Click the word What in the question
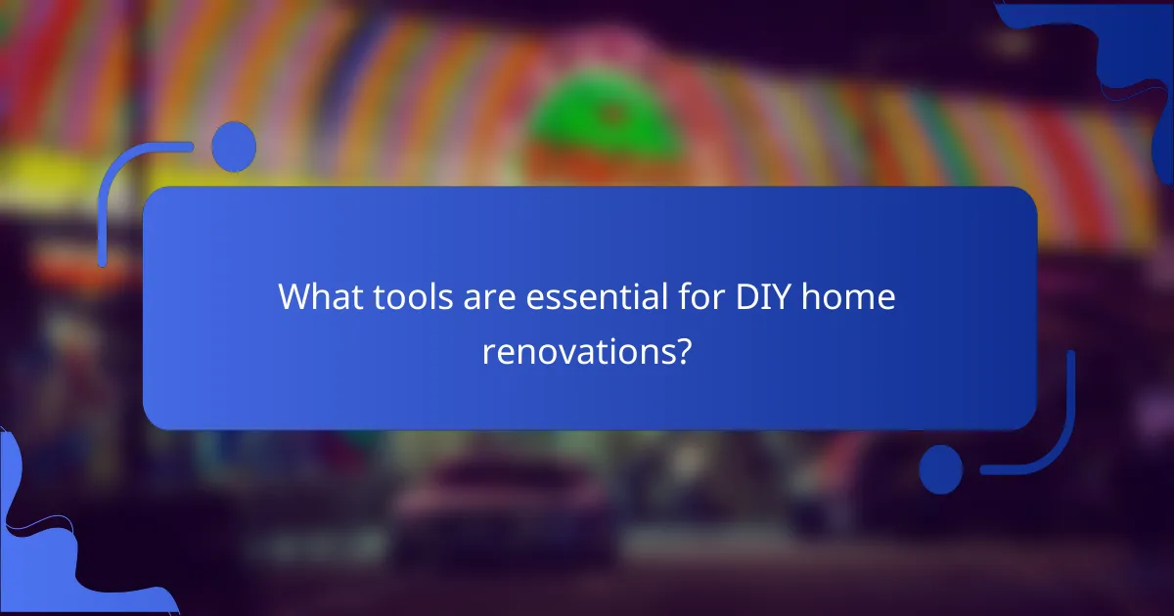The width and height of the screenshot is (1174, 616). [x=319, y=296]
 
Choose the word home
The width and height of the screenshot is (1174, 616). [x=847, y=296]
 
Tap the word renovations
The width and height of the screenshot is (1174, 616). [x=578, y=351]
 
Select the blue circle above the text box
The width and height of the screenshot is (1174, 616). [x=234, y=148]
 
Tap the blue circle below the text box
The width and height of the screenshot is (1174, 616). [x=941, y=469]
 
